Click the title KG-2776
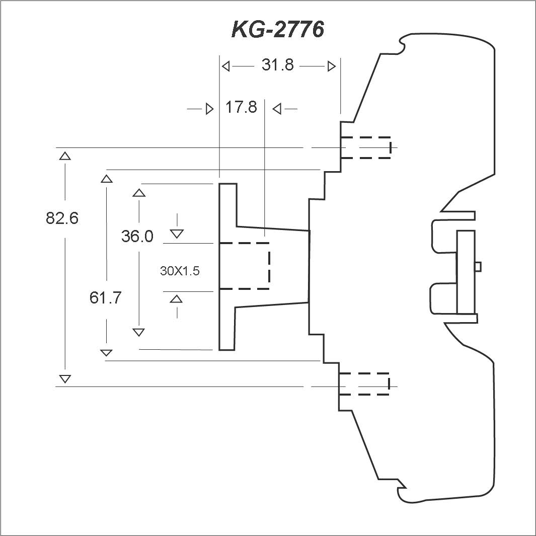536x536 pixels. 278,29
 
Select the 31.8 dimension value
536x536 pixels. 278,64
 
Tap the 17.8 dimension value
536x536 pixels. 241,107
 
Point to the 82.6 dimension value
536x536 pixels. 62,218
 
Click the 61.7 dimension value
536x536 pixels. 105,297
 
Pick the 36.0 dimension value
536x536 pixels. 137,236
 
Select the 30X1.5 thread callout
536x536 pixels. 180,271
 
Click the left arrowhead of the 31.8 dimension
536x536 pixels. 225,66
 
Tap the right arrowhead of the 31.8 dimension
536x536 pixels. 332,66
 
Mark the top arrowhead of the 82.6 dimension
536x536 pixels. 65,156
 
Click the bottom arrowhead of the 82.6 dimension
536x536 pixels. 65,379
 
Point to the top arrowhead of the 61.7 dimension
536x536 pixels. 107,179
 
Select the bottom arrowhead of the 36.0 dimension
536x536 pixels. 138,332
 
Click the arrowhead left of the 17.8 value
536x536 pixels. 209,109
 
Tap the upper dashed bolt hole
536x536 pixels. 366,147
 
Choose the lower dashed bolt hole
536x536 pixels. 364,384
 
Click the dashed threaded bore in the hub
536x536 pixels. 245,266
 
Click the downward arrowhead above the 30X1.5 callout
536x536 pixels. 177,234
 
